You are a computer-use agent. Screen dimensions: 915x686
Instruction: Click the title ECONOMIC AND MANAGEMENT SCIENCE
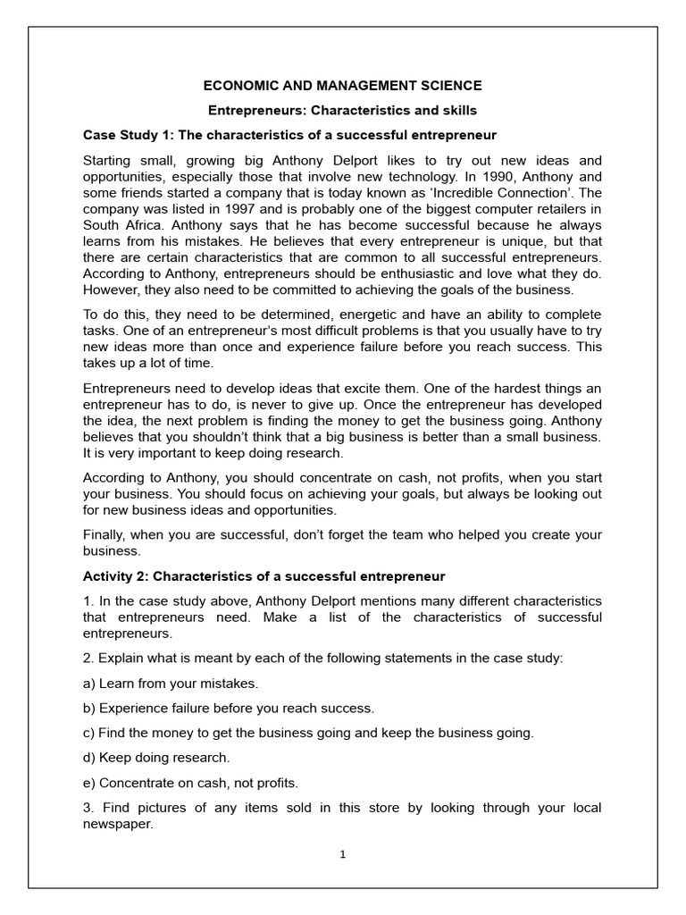[x=343, y=86]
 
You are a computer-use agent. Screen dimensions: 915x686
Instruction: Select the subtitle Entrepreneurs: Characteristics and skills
[x=343, y=111]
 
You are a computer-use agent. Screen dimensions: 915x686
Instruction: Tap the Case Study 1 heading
[x=289, y=136]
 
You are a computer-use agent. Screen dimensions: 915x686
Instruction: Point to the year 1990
[x=528, y=177]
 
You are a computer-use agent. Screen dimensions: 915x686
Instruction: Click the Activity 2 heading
[x=264, y=577]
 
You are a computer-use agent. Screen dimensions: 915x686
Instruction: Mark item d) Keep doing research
[x=156, y=758]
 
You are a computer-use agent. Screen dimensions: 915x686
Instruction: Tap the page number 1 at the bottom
[x=342, y=854]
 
